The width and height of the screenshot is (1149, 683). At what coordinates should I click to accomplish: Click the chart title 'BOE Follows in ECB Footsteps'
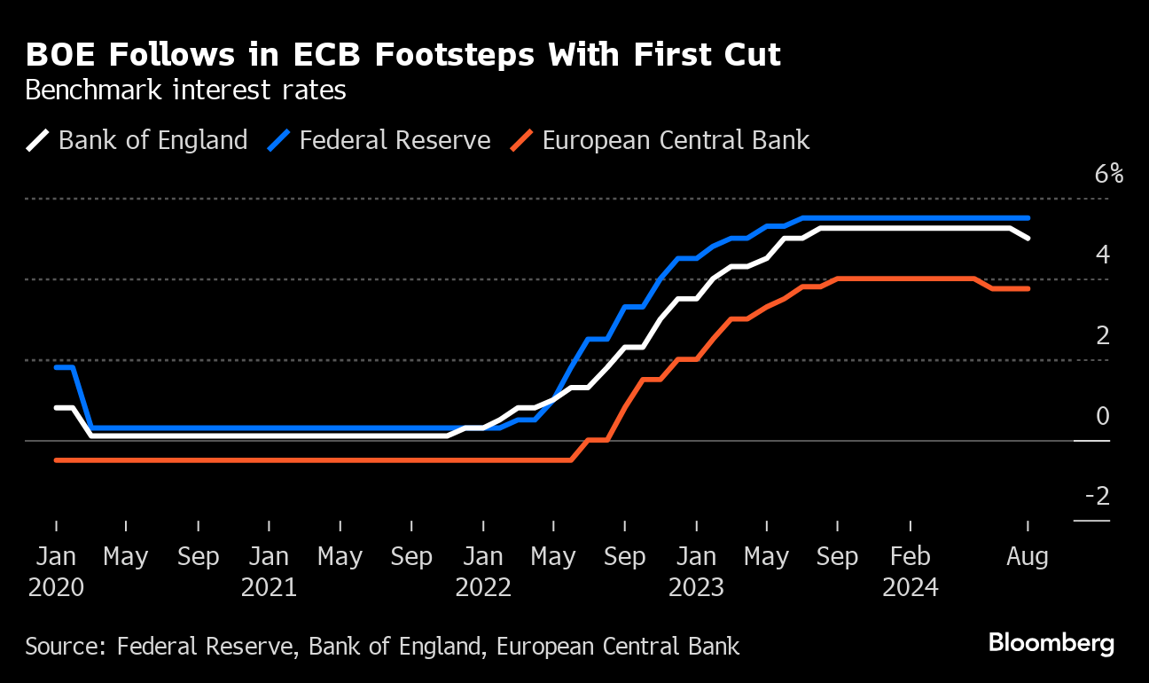click(x=403, y=55)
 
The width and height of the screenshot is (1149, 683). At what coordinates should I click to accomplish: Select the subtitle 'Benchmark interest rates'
click(x=185, y=90)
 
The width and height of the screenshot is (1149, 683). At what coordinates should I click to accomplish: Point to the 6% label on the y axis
click(x=1108, y=174)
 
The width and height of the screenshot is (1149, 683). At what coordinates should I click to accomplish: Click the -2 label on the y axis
click(x=1097, y=497)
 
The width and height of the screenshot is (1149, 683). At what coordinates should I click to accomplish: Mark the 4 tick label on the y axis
click(x=1102, y=255)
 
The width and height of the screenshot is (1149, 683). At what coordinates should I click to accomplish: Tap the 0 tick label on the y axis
click(x=1102, y=416)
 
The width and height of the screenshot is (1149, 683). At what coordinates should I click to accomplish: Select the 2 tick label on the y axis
click(x=1102, y=335)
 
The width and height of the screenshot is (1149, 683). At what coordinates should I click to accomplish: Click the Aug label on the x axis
click(x=1028, y=557)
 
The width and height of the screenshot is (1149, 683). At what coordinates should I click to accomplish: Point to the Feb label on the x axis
click(x=910, y=557)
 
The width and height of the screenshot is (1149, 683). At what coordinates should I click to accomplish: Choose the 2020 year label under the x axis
click(x=56, y=587)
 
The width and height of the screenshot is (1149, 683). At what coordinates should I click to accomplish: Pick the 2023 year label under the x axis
click(x=696, y=587)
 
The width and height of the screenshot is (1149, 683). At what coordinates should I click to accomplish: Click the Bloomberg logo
click(x=1051, y=643)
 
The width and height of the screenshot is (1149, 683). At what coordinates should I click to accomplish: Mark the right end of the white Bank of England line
click(x=1028, y=238)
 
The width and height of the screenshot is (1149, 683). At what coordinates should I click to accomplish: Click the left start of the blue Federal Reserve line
click(x=57, y=367)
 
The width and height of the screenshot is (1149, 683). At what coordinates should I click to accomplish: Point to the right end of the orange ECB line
click(x=1028, y=288)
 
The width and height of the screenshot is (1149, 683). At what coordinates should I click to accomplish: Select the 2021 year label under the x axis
click(x=269, y=587)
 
